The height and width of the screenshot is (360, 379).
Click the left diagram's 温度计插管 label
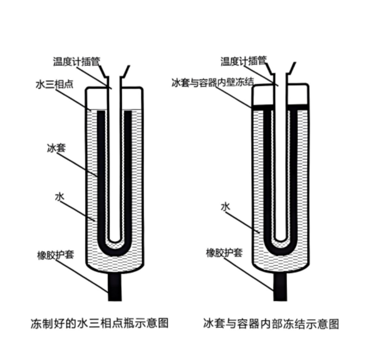[x=77, y=61]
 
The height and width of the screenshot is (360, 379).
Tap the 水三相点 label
[x=54, y=84]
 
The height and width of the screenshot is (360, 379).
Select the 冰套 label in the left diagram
[x=56, y=148]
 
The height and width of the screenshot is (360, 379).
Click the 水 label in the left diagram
[x=60, y=197]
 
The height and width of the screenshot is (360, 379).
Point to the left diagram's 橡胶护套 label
[x=55, y=255]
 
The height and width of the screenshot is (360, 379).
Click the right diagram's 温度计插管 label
[x=244, y=61]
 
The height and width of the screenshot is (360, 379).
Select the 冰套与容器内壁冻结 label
[x=213, y=82]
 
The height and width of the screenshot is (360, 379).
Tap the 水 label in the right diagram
[x=226, y=207]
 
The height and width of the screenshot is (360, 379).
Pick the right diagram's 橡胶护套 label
[x=224, y=253]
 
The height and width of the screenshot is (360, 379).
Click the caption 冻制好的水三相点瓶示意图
[x=99, y=323]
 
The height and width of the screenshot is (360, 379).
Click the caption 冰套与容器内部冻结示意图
[x=271, y=324]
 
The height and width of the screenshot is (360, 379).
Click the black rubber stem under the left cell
[x=115, y=286]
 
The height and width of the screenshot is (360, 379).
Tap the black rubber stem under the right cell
[x=280, y=286]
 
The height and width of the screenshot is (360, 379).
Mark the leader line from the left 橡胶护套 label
[x=81, y=276]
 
